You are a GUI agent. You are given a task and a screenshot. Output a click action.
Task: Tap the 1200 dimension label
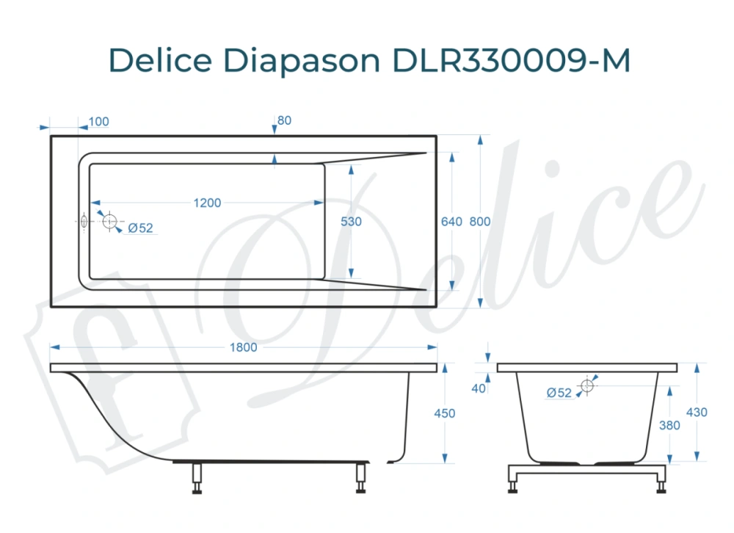207,203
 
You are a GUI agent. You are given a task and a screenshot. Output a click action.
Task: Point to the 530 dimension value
352,221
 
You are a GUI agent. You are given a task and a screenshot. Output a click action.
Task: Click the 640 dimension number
451,221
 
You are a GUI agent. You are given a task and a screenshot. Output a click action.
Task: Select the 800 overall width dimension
479,221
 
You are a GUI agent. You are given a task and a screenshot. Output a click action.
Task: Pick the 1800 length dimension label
244,347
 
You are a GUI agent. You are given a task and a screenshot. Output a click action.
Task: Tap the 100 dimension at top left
98,121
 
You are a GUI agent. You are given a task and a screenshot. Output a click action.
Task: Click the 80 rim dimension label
285,120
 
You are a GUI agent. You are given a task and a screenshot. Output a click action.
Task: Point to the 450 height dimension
444,413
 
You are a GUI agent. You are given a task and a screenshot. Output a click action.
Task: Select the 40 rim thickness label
479,388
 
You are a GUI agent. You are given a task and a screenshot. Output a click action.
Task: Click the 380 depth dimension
669,425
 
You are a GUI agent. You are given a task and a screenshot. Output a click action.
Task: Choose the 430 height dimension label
697,413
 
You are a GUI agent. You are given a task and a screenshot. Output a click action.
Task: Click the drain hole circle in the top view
110,221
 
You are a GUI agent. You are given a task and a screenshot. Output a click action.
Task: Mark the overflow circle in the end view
587,385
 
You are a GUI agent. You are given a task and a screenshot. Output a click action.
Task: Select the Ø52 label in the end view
559,393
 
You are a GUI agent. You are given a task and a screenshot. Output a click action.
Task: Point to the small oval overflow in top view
84,220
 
